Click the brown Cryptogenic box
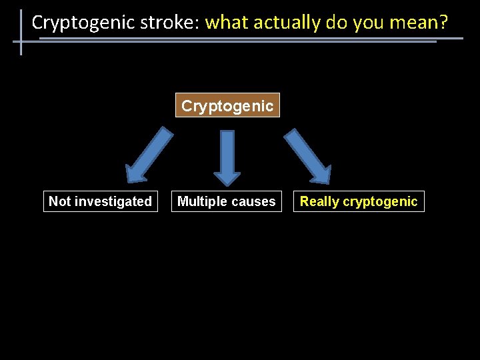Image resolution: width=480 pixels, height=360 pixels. tap(227, 105)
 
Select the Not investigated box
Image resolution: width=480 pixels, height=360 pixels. tap(101, 201)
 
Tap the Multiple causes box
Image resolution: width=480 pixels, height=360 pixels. tap(227, 201)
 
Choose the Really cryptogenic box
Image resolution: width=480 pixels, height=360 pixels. tap(359, 201)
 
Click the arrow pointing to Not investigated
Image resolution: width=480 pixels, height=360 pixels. tap(147, 155)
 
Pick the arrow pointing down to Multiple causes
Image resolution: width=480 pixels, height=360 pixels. tap(227, 157)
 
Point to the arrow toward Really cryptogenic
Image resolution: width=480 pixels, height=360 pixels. tap(308, 155)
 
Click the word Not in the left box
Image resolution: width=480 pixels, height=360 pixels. tap(59, 201)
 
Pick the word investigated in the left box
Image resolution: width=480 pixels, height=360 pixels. tap(113, 201)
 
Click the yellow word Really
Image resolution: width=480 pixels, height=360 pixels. tap(319, 201)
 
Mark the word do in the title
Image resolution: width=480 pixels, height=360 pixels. tap(336, 23)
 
